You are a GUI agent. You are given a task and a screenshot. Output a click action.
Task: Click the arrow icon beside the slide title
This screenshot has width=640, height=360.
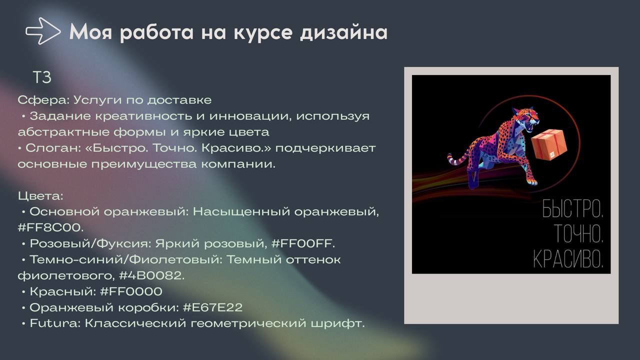(42, 31)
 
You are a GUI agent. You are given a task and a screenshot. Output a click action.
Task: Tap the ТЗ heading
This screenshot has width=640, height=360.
(42, 78)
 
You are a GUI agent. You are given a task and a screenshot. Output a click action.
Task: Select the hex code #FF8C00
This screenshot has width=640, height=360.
(50, 227)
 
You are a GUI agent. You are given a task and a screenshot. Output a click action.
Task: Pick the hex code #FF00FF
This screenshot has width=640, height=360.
(302, 243)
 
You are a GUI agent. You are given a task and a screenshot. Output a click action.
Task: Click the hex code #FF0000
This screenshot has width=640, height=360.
(131, 291)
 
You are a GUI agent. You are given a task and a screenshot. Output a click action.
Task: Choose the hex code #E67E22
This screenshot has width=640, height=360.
(212, 307)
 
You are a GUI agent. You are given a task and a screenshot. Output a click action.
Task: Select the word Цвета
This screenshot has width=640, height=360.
(40, 195)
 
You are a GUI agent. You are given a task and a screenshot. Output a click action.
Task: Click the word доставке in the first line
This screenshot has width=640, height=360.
(183, 100)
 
